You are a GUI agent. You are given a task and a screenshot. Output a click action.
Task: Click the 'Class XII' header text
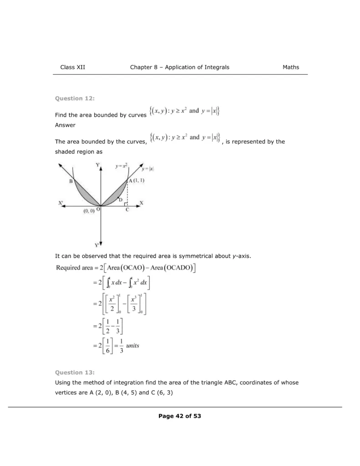(x=73, y=67)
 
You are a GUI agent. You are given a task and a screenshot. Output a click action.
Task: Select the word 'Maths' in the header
(x=291, y=67)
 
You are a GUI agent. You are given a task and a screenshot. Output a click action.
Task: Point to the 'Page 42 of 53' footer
(x=180, y=416)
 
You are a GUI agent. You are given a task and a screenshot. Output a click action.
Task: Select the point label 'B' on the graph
(x=71, y=181)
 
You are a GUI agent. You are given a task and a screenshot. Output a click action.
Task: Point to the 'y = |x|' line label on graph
(x=147, y=169)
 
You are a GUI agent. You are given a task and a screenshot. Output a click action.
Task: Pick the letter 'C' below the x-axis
(x=127, y=210)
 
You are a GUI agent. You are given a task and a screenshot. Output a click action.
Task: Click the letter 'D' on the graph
(x=120, y=199)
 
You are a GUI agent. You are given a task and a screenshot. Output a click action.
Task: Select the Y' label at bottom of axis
(x=97, y=244)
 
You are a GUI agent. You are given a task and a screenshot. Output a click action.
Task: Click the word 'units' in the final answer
(x=133, y=345)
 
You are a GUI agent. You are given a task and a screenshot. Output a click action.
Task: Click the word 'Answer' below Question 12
(x=65, y=125)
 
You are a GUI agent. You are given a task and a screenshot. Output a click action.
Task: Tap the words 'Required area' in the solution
(x=73, y=268)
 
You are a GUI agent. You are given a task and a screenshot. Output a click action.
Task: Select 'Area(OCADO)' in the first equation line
(x=172, y=268)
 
